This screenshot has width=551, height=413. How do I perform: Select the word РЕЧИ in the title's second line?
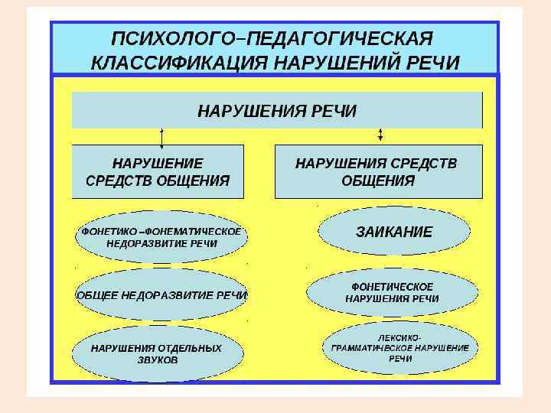[x=434, y=62]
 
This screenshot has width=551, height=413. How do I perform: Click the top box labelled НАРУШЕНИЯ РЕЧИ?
[x=277, y=111]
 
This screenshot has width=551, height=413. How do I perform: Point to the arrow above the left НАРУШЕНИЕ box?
[x=161, y=136]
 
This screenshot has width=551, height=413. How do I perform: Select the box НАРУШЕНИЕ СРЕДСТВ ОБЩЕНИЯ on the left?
[x=158, y=171]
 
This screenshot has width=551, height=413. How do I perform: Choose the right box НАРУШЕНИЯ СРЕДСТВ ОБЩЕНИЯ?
[x=378, y=171]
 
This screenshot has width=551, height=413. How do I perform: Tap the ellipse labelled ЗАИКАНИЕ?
[x=394, y=232]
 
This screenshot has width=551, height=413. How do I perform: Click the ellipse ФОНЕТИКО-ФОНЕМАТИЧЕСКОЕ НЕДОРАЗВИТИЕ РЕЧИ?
[x=161, y=237]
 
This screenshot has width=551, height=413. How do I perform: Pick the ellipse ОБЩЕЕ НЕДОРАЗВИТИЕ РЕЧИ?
[x=161, y=294]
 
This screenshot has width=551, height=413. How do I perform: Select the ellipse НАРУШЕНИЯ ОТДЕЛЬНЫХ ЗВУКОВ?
[x=157, y=353]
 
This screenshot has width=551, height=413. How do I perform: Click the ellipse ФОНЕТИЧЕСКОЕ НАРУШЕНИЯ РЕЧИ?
[x=392, y=291]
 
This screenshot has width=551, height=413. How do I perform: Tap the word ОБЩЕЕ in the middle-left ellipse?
[x=99, y=294]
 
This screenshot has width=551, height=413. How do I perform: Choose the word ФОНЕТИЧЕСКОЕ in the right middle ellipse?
[x=392, y=285]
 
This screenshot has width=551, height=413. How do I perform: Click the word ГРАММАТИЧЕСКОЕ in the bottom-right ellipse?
[x=377, y=347]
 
